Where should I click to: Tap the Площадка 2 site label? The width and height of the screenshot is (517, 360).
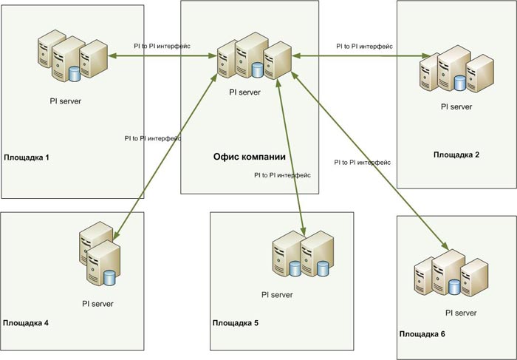pos(456,154)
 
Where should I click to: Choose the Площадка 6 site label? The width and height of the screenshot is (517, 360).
pos(422,335)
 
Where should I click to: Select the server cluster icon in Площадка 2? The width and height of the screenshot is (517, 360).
pos(455,72)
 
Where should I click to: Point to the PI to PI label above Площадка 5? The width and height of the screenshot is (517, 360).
pos(281,175)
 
